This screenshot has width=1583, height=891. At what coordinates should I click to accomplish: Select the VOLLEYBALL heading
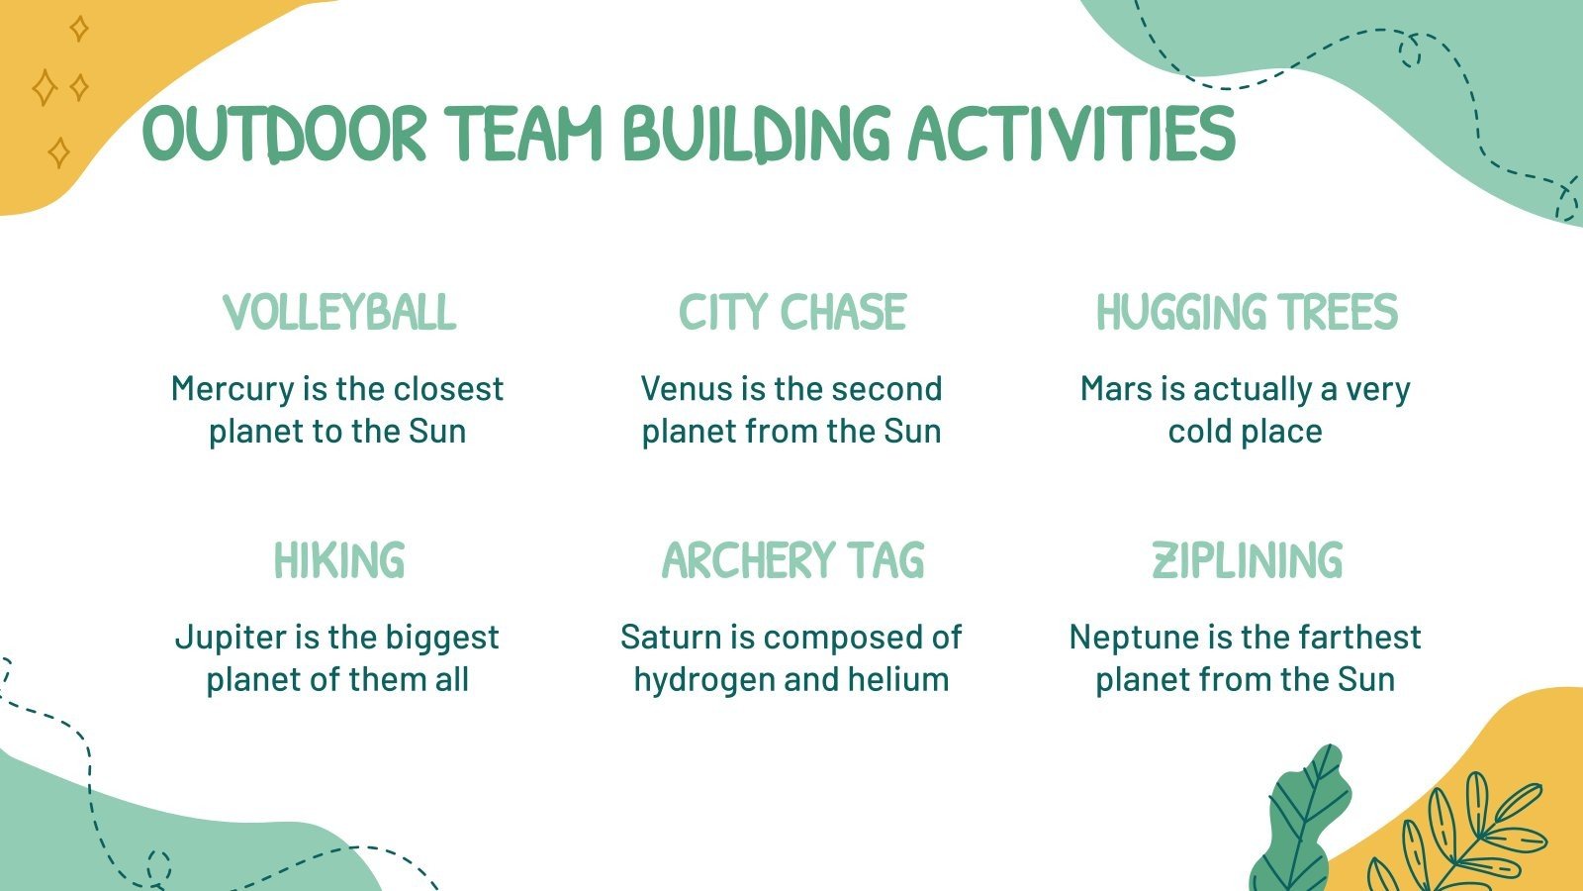[x=339, y=313]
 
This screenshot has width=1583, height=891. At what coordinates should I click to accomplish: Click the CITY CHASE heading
[x=791, y=313]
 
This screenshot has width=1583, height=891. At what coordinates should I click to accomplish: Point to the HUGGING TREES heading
[x=1246, y=313]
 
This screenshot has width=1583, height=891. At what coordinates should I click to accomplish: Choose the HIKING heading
[x=339, y=560]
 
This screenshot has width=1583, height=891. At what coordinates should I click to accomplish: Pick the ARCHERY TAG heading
[x=791, y=560]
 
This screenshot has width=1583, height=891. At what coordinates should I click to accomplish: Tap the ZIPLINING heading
[x=1247, y=560]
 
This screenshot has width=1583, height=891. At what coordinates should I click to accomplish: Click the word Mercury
[x=233, y=389]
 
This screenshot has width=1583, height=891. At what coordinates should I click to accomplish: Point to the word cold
[x=1200, y=432]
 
